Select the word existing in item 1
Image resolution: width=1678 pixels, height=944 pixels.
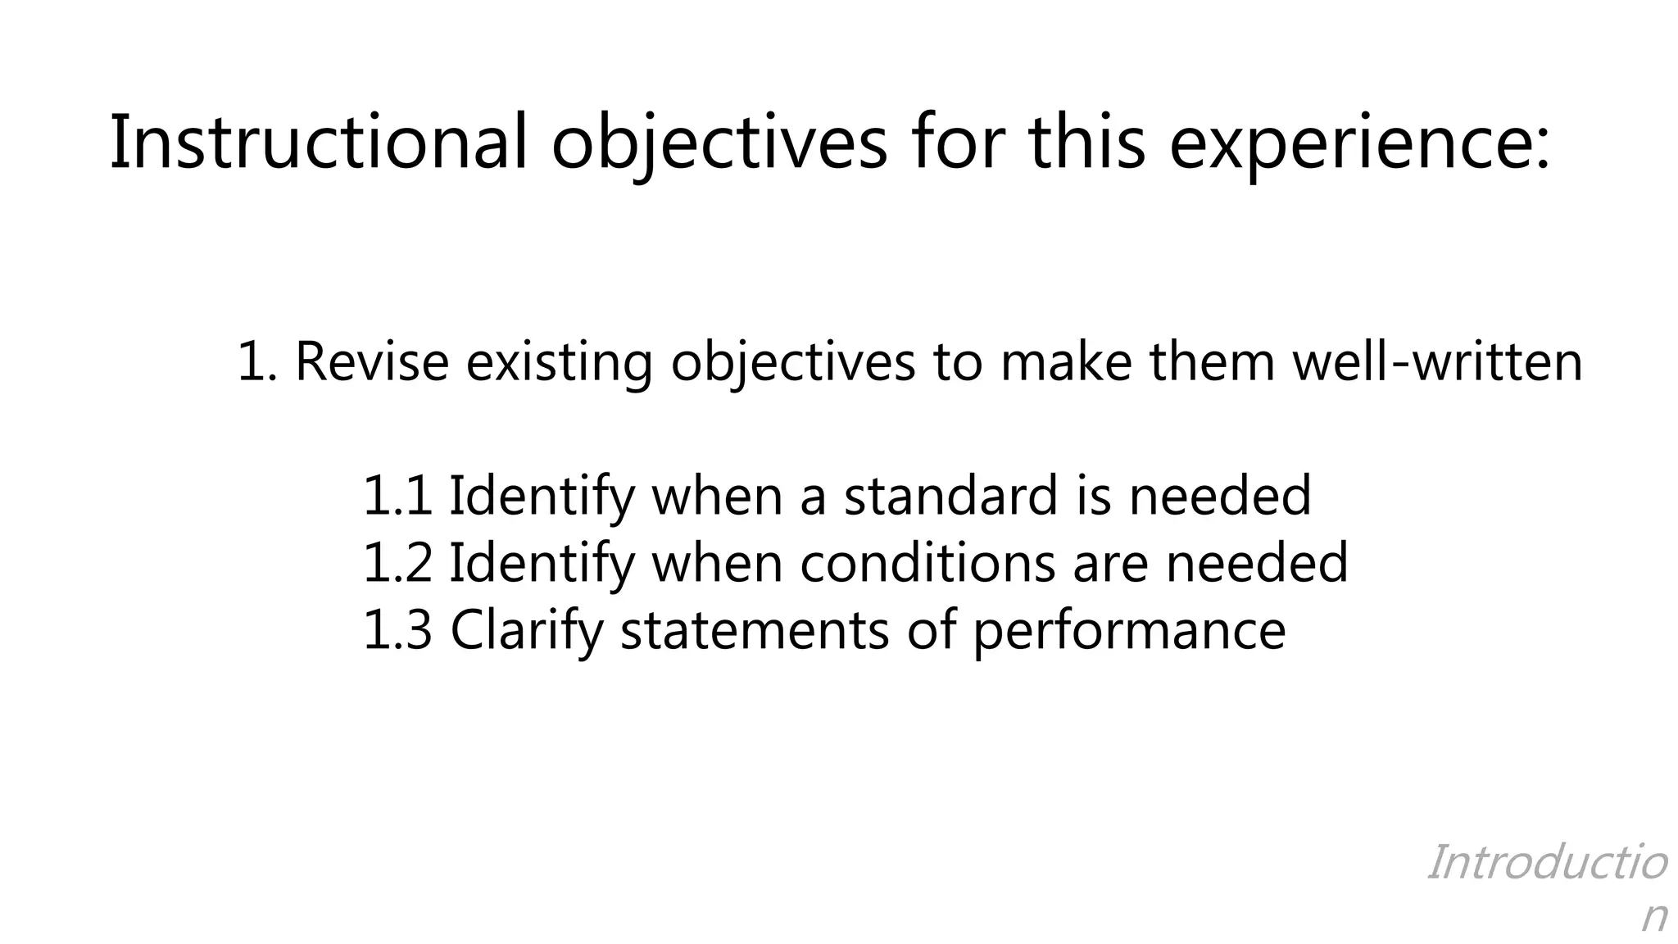click(x=559, y=361)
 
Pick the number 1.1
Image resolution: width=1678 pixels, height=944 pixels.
click(x=397, y=496)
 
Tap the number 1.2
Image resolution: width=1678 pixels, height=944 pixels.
click(x=397, y=563)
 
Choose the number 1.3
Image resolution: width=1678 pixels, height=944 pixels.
click(x=397, y=630)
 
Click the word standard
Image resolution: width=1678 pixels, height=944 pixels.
click(x=951, y=496)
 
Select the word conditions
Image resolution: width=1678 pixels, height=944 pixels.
click(x=927, y=563)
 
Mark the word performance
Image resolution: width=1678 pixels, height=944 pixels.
click(x=1129, y=630)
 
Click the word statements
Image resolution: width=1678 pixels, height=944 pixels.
click(x=754, y=630)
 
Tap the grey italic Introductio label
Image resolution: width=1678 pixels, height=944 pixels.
click(x=1547, y=863)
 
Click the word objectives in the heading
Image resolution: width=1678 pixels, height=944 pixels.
click(x=719, y=143)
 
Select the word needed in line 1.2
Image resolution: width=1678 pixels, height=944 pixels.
click(x=1257, y=563)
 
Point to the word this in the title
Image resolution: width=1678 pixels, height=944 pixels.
click(x=1086, y=143)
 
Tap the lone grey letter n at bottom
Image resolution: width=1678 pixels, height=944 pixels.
click(x=1654, y=917)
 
